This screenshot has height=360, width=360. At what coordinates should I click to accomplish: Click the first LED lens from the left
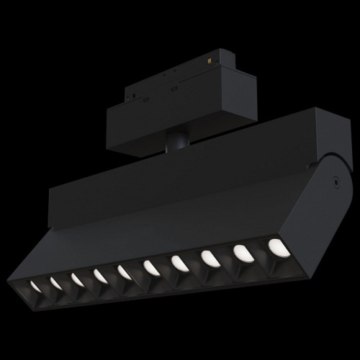[x=35, y=287]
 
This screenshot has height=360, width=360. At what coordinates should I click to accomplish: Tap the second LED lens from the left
[x=55, y=283]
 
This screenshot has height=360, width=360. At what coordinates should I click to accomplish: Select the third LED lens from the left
[x=76, y=279]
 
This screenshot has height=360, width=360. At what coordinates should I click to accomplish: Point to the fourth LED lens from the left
[x=99, y=275]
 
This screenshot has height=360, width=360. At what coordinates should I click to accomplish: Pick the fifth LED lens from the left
[x=124, y=271]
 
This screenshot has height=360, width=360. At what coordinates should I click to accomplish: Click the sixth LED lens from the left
[x=151, y=267]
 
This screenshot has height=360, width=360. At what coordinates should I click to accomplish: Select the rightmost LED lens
[x=277, y=246]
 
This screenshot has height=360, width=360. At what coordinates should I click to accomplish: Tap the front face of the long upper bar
[x=180, y=173]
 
